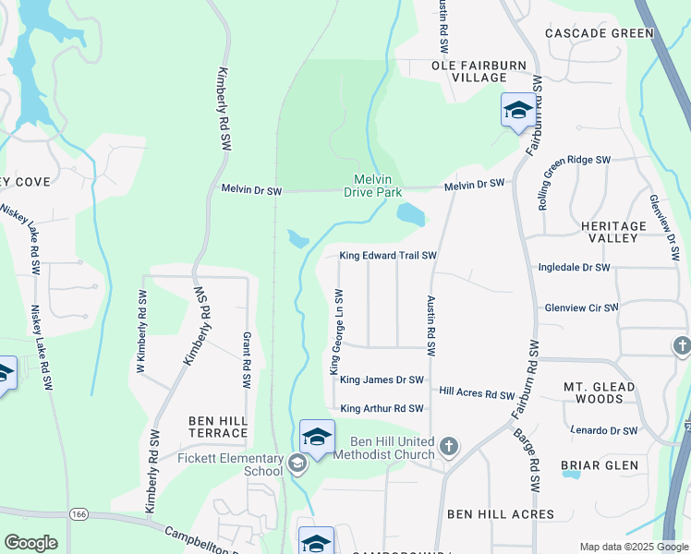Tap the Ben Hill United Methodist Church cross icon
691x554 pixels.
click(448, 447)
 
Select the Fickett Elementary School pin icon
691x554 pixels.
click(297, 464)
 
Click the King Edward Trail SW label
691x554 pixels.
click(387, 256)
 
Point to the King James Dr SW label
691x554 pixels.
click(382, 379)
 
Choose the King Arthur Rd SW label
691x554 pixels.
click(382, 408)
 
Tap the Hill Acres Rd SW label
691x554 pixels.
click(477, 394)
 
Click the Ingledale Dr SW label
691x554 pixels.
click(575, 268)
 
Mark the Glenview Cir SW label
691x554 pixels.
click(578, 307)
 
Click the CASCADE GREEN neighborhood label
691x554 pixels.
click(600, 33)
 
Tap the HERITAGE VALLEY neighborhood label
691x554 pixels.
click(613, 232)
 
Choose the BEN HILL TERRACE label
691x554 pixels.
click(218, 427)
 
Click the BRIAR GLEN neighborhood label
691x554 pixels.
click(600, 465)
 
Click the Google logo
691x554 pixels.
click(30, 543)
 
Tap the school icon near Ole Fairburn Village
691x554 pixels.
click(517, 111)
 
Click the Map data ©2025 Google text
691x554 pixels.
click(633, 547)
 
